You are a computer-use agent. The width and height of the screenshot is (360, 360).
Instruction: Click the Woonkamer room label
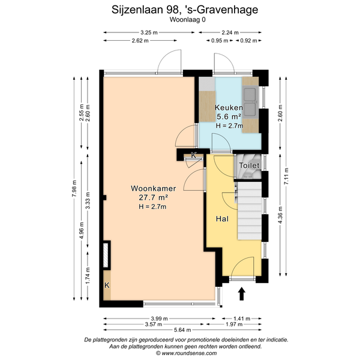point(154,188)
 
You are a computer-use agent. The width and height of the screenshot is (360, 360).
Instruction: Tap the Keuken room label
point(229,107)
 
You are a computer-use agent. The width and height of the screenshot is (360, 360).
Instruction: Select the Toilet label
point(249,166)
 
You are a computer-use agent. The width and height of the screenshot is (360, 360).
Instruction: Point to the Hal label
point(222,219)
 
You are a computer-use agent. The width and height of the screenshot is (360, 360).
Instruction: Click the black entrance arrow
point(242,293)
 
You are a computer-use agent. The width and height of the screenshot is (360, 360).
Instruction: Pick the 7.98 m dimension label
point(74,188)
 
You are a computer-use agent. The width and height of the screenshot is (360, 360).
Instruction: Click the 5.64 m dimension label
point(182,330)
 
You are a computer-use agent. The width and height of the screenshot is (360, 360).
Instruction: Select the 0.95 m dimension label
point(220,41)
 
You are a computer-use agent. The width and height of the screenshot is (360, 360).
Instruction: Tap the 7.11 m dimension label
point(286,176)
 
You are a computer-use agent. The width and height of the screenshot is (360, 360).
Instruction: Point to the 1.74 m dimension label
point(88,275)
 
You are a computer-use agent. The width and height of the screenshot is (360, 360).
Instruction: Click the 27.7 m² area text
point(154,197)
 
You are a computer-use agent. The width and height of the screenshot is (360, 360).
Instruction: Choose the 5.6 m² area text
point(229,116)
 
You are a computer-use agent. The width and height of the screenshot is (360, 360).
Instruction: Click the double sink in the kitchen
point(250,103)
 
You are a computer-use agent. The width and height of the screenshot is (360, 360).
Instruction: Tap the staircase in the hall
point(250,211)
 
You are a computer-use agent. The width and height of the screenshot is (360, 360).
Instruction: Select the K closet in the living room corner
point(107,286)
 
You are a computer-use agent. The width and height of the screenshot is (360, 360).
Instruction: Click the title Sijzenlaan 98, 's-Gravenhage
point(185,10)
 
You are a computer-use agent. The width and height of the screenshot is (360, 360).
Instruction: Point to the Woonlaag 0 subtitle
point(188,20)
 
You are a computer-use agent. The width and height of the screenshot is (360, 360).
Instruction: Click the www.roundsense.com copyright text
point(186,353)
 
